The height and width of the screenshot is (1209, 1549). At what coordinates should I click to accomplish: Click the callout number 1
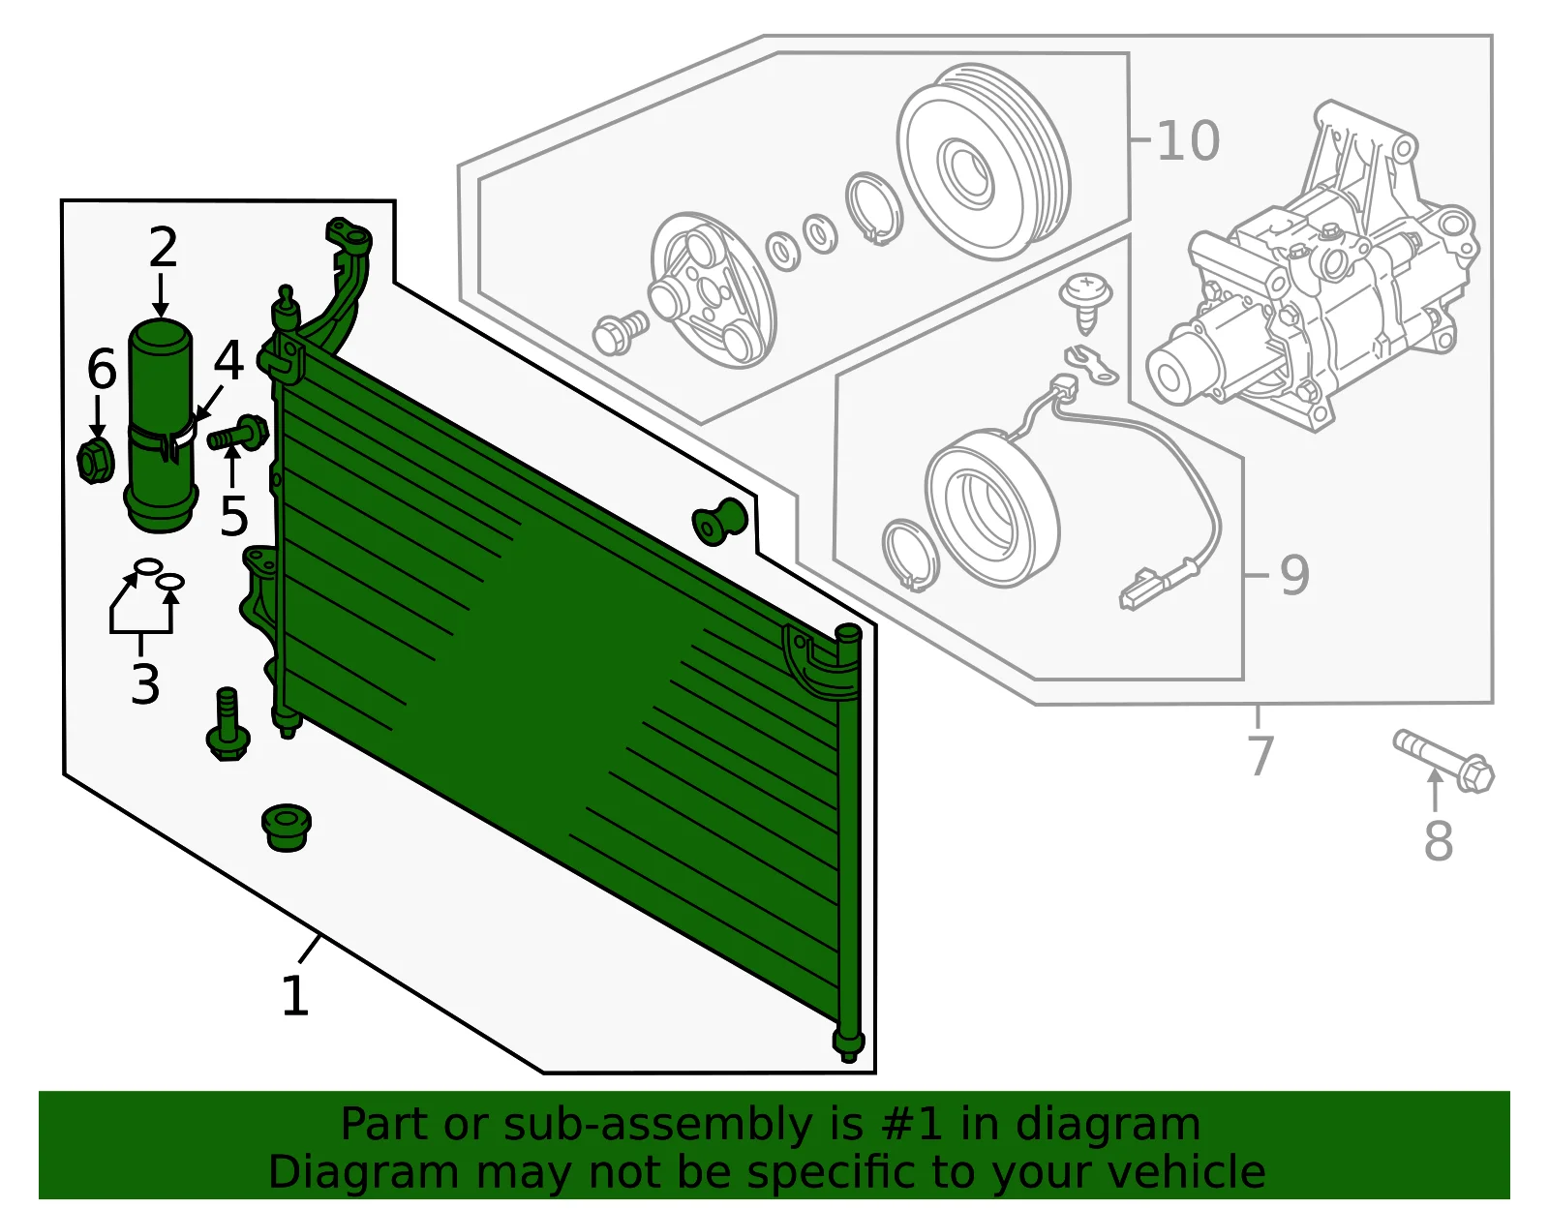coord(296,995)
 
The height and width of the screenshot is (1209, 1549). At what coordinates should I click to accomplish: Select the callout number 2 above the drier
coord(164,247)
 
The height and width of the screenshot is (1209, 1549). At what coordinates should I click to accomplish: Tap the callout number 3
coord(145,683)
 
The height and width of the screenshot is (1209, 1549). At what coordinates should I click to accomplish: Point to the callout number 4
coord(228,360)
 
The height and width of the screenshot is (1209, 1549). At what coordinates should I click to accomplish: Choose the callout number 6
coord(102,369)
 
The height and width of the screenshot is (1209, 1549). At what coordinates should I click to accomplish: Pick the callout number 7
coord(1260,755)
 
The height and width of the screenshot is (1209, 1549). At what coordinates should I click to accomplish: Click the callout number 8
coord(1439,840)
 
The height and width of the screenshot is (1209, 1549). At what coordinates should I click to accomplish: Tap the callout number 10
coord(1188,140)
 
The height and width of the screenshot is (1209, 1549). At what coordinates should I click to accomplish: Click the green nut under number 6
coord(95,462)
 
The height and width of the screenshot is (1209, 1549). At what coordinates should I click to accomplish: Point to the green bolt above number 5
coord(238,433)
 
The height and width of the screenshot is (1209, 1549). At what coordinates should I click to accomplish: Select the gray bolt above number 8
coord(1443,761)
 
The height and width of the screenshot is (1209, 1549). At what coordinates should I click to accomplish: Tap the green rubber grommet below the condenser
coord(287,827)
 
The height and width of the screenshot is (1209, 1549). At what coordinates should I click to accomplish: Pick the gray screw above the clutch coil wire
coord(1085,302)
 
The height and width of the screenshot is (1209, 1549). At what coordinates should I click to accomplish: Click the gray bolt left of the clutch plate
coord(621,332)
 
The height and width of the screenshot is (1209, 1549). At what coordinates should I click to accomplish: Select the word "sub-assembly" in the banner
coord(657,1124)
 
